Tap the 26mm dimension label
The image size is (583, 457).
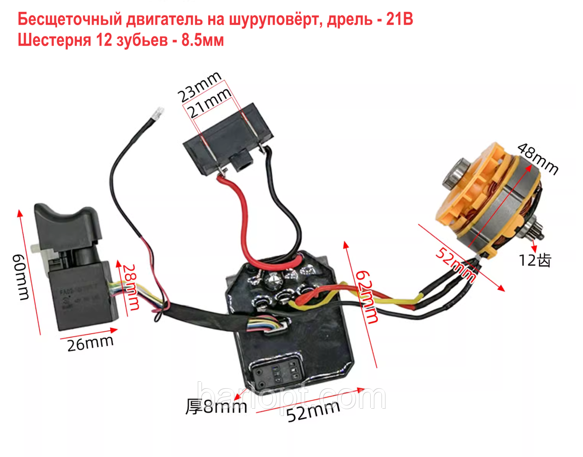coord(90,343)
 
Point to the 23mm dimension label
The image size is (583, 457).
coord(199,86)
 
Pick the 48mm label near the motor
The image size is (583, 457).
coord(537,159)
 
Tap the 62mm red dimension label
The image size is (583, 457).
coord(367,296)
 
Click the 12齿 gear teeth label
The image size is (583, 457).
coord(535,260)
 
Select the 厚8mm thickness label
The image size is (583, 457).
coord(216,406)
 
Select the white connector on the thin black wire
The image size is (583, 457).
coord(158,113)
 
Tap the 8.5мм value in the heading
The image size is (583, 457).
coord(203,40)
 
